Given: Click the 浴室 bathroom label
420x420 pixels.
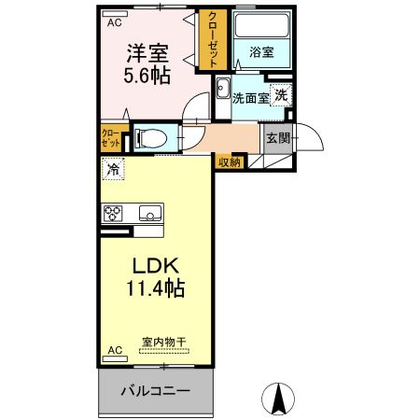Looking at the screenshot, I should coord(260,52).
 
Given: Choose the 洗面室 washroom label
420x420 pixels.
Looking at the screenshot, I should coord(250,97).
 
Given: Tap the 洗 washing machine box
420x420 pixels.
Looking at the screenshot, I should coord(281,94).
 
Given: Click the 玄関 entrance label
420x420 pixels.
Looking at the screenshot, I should coord(277,137).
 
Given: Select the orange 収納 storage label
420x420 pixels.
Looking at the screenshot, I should coord(230,161).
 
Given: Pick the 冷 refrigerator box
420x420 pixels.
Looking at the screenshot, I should coord(113,170).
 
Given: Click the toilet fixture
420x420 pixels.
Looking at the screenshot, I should coord(149,139).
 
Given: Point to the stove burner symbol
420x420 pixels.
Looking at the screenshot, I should coord(114,213).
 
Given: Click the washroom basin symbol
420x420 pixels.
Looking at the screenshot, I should coord(222,90).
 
